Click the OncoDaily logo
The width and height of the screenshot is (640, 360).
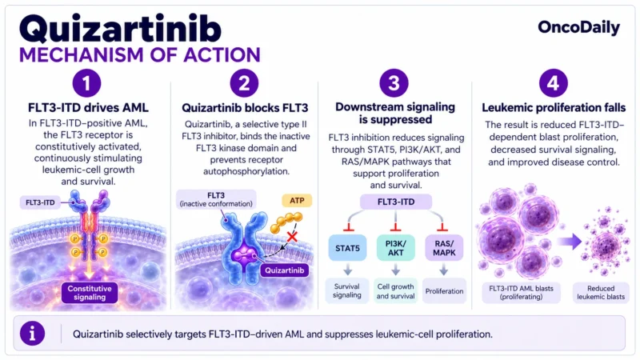(578, 27)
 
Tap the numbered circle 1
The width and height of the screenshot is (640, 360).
(86, 83)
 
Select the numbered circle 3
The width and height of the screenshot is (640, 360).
(394, 83)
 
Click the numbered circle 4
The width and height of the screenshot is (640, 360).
(553, 83)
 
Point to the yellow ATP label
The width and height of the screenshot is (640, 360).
(297, 201)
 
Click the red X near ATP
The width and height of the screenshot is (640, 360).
(292, 236)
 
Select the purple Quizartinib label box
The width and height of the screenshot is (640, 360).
(285, 270)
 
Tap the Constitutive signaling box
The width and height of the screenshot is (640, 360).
(90, 293)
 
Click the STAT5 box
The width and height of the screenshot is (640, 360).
(347, 248)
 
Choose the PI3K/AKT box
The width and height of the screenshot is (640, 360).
(395, 248)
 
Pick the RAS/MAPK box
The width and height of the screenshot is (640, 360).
(444, 248)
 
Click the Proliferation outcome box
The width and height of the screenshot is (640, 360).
(444, 291)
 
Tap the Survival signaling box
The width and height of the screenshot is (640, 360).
(347, 290)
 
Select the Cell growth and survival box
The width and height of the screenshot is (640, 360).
(395, 291)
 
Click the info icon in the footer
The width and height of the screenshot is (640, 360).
(32, 334)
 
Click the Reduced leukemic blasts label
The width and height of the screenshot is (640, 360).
(601, 293)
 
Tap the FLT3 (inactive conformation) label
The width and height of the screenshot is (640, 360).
(216, 199)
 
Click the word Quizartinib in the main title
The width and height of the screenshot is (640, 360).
(120, 29)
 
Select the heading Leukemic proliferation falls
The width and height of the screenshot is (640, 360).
(554, 108)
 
